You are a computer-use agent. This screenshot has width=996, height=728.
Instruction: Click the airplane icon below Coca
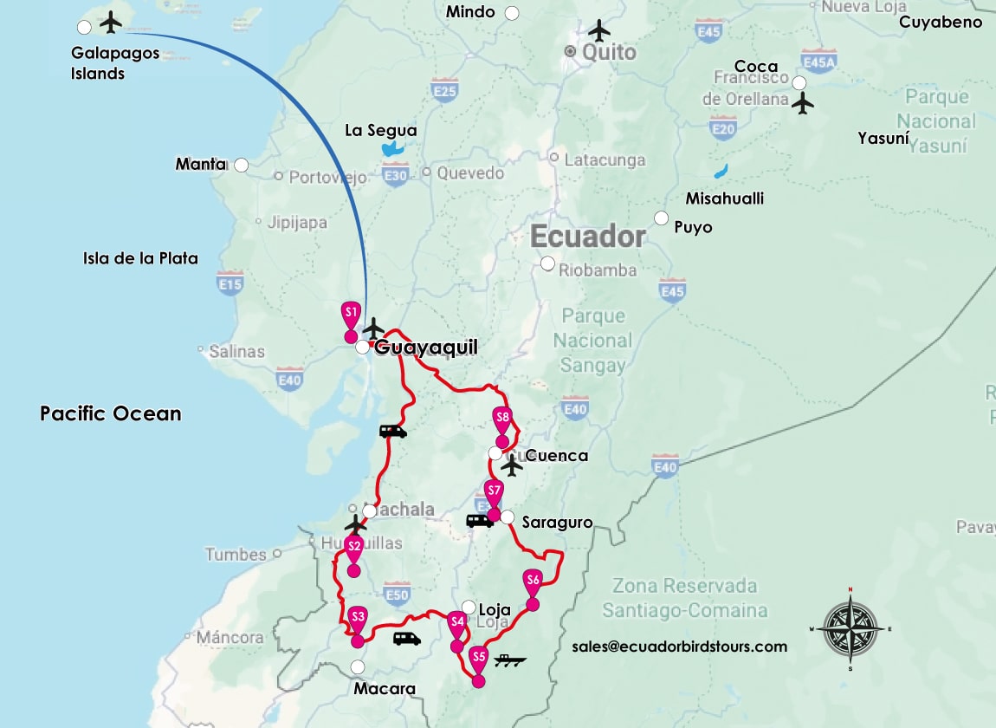804,103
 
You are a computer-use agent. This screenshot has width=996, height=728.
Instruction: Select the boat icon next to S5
510,661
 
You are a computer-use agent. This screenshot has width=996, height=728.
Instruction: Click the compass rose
850,627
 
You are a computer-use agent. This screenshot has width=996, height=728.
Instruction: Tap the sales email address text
679,647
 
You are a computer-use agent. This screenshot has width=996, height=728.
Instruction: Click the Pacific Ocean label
111,413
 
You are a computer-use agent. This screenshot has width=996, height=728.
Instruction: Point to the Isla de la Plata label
140,258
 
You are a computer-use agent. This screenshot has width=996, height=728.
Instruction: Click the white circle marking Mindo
512,13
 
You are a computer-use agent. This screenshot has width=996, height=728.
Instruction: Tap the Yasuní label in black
883,138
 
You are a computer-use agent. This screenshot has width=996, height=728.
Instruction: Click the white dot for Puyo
662,218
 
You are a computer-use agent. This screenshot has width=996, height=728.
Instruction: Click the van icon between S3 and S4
406,639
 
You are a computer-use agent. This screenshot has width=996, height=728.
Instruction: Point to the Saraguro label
557,523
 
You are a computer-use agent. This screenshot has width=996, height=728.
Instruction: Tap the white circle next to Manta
242,165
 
